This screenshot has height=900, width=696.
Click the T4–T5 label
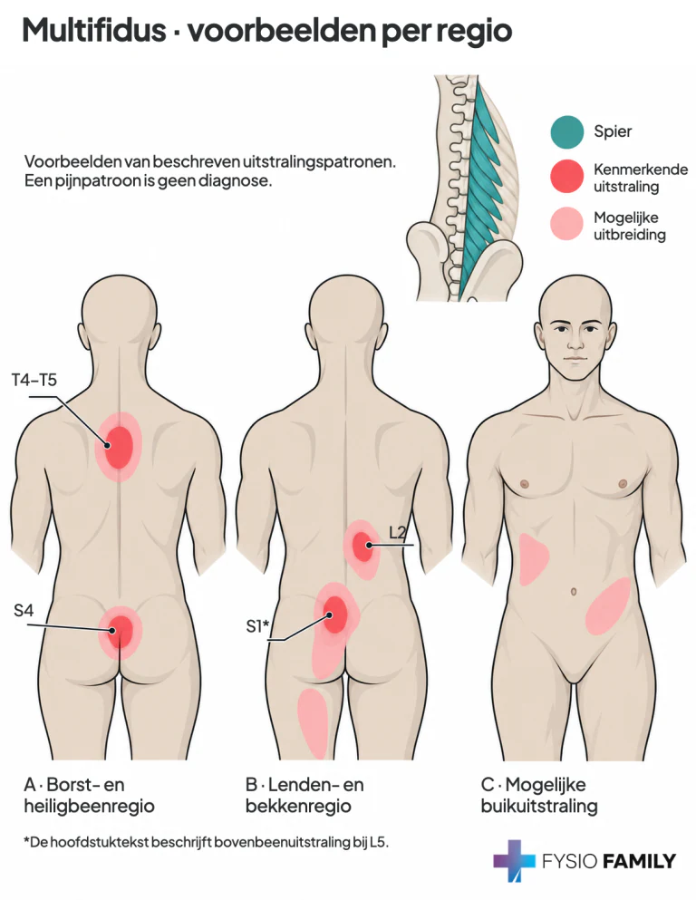point(34,380)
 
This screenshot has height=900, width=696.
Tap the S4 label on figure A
point(24,610)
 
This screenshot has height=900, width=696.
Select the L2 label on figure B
point(398,533)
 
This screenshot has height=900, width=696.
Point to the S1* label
point(257,626)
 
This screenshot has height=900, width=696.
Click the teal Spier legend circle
point(567,132)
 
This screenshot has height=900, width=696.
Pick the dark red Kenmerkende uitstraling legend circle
point(567,176)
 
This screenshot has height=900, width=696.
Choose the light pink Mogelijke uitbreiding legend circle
point(567,225)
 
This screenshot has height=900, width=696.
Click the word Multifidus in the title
point(94,30)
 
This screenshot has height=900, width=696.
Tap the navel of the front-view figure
point(574,592)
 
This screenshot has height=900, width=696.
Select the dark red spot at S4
point(121,632)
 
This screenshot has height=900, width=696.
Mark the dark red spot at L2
point(362,547)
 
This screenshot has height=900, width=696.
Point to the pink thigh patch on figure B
point(313,722)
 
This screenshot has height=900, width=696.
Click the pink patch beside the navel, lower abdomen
point(607,606)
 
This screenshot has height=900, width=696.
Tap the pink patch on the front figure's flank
point(533,558)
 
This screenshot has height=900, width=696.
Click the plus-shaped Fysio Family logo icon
point(515,860)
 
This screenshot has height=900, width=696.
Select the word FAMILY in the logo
point(639,861)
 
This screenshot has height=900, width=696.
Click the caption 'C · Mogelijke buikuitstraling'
point(539,795)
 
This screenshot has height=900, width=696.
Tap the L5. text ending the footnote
point(379,843)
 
